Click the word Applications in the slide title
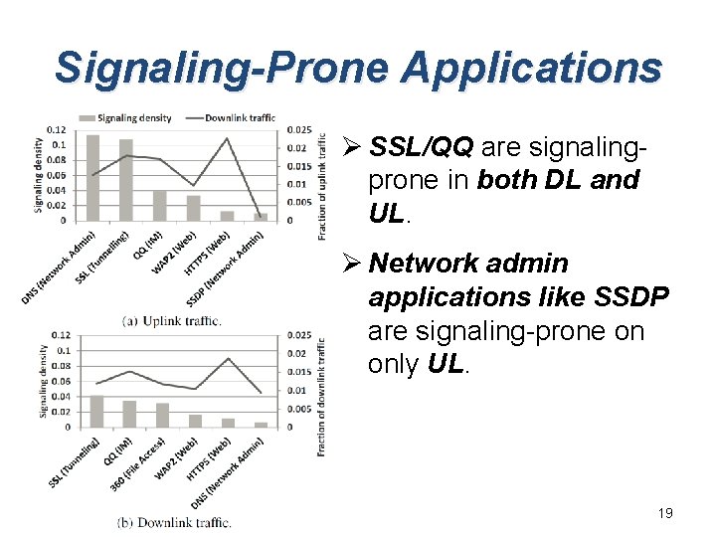point(532,68)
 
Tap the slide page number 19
point(665,513)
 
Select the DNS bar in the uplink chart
point(93,177)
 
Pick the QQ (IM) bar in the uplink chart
point(159,205)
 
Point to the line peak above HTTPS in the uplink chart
point(227,138)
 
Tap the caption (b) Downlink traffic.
point(174,522)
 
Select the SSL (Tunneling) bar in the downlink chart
point(96,412)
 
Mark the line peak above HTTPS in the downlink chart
point(228,358)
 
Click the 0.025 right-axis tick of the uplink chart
point(297,129)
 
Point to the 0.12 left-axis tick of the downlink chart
point(62,335)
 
